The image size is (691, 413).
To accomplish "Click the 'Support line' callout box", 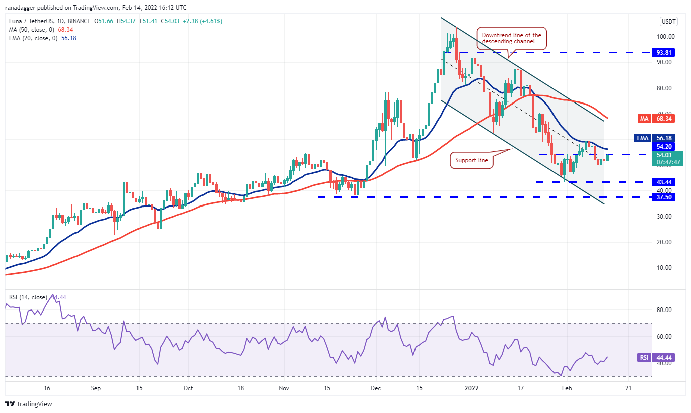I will point(472,161).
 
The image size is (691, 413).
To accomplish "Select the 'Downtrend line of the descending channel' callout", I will point(511,38).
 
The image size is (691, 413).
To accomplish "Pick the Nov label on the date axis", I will point(284,388).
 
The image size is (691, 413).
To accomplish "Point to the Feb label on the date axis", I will point(567,388).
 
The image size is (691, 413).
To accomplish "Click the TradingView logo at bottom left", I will point(29,404).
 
